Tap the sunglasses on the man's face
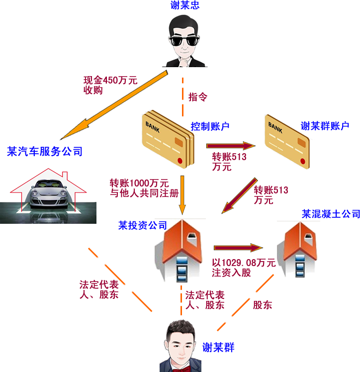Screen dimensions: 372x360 tap(184, 40)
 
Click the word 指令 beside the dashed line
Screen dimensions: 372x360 tap(198, 96)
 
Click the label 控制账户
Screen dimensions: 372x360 tap(210, 126)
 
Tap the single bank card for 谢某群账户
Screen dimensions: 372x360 tap(287, 141)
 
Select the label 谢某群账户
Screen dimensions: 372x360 tap(325, 126)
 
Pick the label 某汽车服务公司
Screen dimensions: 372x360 tap(45, 151)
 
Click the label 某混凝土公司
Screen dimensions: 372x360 tap(330, 214)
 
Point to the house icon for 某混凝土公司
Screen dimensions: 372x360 tap(299, 249)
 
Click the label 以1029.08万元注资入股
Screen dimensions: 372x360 tap(244, 268)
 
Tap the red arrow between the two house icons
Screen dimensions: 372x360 tap(238, 247)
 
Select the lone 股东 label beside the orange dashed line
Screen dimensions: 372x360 tap(263, 305)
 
